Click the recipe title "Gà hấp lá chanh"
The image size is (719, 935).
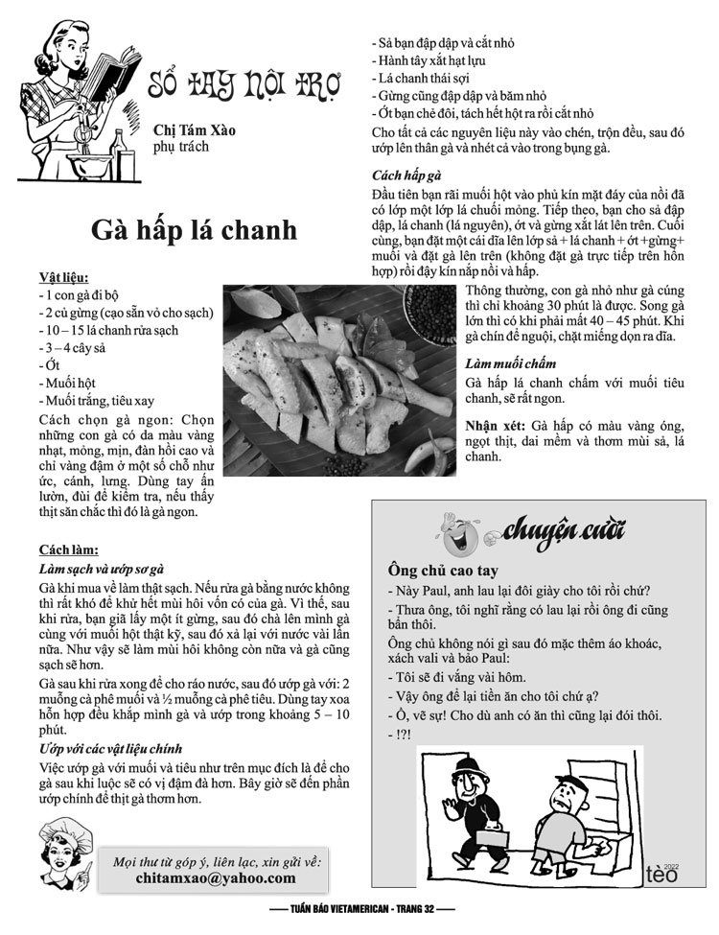[194, 231]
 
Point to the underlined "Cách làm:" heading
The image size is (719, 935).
[68, 549]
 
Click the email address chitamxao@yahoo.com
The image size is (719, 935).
[216, 877]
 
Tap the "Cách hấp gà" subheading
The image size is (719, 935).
[406, 175]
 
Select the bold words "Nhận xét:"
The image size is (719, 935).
[495, 425]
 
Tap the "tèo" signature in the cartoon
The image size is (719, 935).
[662, 873]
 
